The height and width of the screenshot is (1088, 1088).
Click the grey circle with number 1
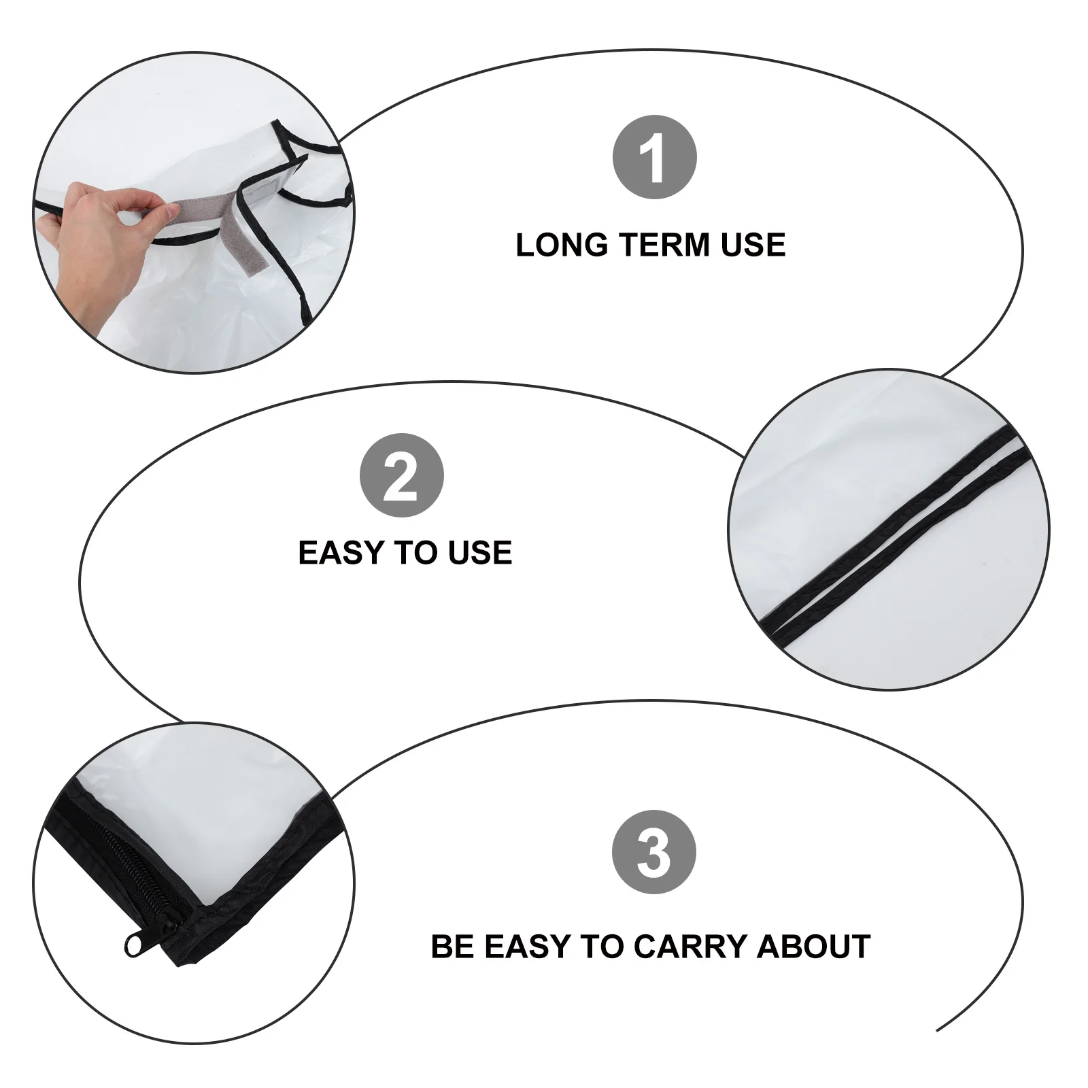(655, 157)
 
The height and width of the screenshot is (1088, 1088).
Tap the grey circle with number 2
(401, 475)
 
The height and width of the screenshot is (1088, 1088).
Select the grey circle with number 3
(654, 851)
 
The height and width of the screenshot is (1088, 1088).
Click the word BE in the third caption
(452, 947)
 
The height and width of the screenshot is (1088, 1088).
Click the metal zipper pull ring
(133, 945)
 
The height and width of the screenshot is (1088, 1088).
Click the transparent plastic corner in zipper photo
(204, 816)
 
